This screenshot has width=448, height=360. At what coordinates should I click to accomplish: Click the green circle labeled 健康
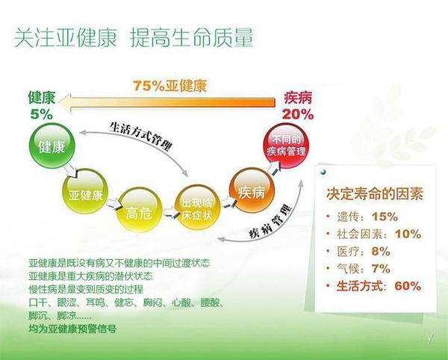point(52,146)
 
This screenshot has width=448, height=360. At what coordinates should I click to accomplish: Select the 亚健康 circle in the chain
point(85,191)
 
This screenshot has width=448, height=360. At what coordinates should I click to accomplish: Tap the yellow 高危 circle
point(140,209)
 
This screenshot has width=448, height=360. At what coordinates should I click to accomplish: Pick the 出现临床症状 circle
point(197,207)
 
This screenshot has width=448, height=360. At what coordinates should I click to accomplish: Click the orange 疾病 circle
point(252,190)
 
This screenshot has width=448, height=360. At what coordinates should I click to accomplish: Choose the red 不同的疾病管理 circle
point(286,146)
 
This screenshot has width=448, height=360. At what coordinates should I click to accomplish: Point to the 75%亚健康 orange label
point(169,85)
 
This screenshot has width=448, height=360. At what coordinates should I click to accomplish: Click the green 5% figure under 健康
point(42,115)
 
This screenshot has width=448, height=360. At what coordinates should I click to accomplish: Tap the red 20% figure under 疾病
point(298,114)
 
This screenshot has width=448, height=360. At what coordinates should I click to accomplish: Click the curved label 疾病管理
point(270,221)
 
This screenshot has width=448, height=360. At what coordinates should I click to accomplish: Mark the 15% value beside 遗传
point(385,217)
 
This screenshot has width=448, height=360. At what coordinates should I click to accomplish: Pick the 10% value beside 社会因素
point(408,235)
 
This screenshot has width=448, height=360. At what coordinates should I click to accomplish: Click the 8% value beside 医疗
point(381,252)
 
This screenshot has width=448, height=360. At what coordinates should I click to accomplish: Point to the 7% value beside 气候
point(381,269)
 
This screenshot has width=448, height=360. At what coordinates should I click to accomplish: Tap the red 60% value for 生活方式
point(408,286)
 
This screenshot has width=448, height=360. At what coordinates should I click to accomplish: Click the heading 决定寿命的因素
point(375,194)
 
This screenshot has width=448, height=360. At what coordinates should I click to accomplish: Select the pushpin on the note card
point(323,172)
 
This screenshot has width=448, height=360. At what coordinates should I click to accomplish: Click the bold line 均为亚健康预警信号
point(72,329)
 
